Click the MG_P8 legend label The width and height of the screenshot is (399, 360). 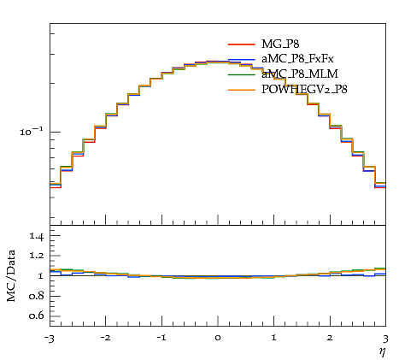[x=280, y=44]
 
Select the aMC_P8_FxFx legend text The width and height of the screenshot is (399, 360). [x=297, y=59]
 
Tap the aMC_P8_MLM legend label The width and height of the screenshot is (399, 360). [x=300, y=74]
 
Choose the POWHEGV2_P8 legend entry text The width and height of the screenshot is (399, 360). [x=304, y=90]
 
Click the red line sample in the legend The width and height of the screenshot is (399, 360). [x=241, y=44]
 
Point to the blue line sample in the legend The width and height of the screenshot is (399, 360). [x=241, y=59]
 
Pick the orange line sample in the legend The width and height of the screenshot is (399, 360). [x=241, y=90]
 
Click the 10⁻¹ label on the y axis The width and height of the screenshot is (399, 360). [x=32, y=132]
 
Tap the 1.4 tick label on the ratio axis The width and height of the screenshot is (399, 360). [x=36, y=236]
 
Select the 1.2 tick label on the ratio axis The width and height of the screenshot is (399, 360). [x=36, y=256]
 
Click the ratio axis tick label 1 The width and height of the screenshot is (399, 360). [x=40, y=275]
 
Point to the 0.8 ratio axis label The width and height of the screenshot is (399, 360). [x=36, y=296]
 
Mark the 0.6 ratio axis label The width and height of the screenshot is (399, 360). [x=36, y=316]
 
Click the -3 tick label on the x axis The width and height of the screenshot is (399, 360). [x=50, y=339]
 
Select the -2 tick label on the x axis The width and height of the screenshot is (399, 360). [x=106, y=338]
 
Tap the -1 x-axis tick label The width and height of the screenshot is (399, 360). [x=161, y=338]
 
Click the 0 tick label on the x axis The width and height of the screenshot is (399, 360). [x=218, y=338]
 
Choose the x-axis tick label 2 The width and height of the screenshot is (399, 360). [x=330, y=338]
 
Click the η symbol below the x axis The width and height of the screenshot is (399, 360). [x=382, y=352]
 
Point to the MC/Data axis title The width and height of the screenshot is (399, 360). [x=11, y=275]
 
